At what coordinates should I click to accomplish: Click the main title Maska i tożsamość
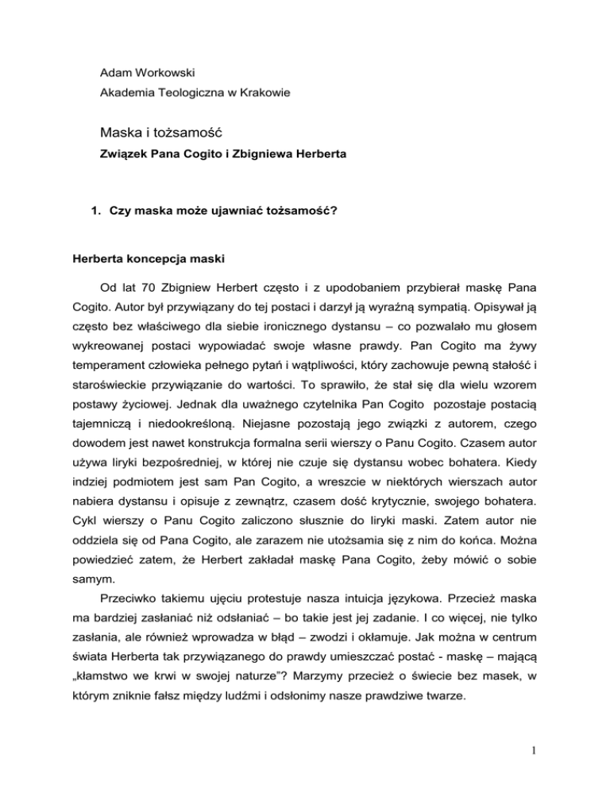tap(169, 130)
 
